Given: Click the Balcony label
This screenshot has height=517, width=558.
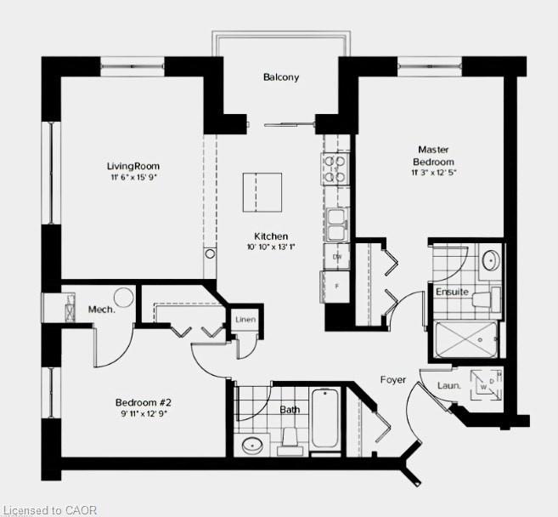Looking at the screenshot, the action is point(281,77).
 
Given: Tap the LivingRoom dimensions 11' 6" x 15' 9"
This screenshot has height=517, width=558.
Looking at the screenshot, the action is point(133,177).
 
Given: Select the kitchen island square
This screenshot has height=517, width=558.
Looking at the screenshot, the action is point(262,192).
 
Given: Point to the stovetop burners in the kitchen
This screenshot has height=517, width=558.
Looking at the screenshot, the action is point(335,168).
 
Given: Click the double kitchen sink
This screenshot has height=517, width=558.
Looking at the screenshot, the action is point(337,225).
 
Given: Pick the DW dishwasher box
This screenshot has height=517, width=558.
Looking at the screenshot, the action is point(336,257).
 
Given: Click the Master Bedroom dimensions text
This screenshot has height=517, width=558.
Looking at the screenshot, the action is point(434,173).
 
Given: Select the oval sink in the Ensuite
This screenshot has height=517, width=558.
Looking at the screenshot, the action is point(491,260).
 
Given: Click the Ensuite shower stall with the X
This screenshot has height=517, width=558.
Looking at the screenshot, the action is point(465,339).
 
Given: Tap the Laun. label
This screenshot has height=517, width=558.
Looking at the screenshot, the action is point(449,385).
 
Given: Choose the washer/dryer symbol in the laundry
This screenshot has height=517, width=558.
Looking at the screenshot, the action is point(486,385).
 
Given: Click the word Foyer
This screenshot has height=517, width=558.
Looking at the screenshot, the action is point(393,380).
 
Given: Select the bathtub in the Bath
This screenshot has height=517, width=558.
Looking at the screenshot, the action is point(324,418).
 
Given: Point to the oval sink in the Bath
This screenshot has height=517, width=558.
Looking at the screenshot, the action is point(252,445).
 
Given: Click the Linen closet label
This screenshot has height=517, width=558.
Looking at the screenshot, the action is point(245,319).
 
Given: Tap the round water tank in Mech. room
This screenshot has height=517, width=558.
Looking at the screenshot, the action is point(123,297).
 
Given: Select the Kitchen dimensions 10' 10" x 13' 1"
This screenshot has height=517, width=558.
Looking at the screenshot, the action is point(271,247).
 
